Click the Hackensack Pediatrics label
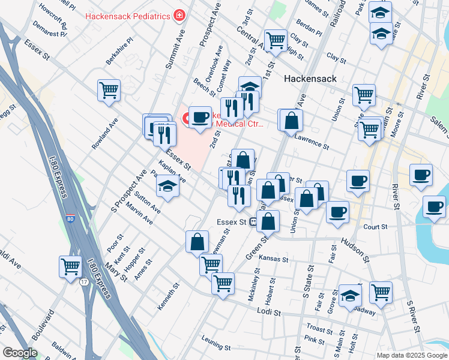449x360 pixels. [x=128, y=16]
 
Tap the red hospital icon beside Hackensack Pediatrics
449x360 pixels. [x=178, y=15]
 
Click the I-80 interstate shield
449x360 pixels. [x=71, y=220]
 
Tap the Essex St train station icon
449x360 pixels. [x=254, y=222]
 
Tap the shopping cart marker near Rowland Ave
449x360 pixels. [x=109, y=91]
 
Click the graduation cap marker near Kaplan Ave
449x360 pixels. [x=168, y=187]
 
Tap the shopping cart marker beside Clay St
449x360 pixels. [x=276, y=40]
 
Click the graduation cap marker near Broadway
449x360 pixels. [x=350, y=295]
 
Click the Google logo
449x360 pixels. [x=20, y=353]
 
